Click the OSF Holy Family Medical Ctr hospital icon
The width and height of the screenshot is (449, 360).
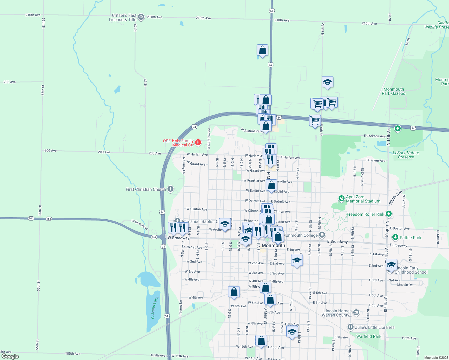tap(198, 142)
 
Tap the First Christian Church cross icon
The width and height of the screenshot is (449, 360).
tap(170, 189)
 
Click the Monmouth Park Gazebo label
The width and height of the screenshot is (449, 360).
tap(393, 91)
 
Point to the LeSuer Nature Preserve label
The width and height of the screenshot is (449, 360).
tap(406, 155)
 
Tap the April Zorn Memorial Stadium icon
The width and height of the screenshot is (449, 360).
tap(341, 199)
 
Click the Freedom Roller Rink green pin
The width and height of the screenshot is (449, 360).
tap(389, 214)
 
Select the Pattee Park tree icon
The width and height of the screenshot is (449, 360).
tap(395, 237)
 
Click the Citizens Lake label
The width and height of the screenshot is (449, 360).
tap(155, 308)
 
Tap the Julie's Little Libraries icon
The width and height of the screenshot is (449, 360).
tap(350, 327)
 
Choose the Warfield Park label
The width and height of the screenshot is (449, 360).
tap(369, 336)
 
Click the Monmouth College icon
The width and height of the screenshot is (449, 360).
tap(322, 235)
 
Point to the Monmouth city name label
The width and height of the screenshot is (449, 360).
tap(273, 245)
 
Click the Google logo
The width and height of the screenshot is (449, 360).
tap(10, 356)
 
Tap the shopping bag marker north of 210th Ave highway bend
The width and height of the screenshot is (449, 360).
tap(262, 50)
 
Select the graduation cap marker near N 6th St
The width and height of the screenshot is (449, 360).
tap(327, 82)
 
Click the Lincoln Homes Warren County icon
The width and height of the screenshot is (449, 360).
tap(356, 313)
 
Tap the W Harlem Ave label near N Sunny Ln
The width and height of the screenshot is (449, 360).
tap(197, 154)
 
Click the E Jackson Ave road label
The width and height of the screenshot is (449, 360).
tap(375, 136)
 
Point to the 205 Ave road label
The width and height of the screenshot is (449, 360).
tap(10, 82)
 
